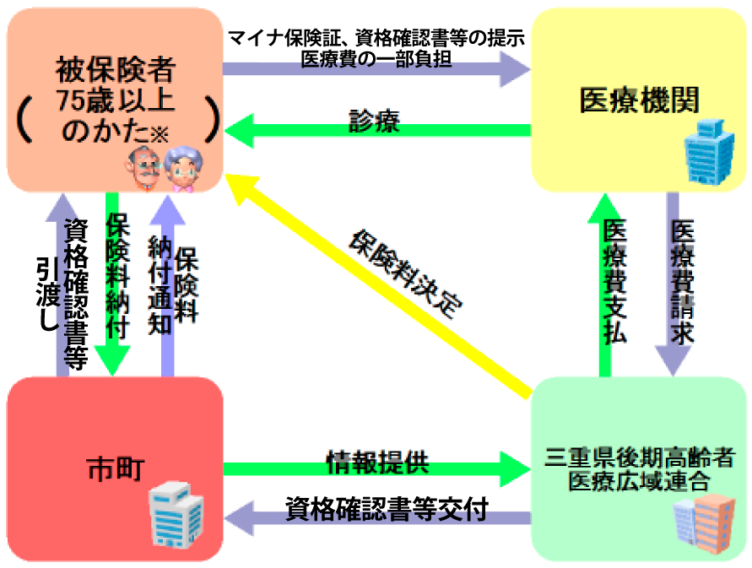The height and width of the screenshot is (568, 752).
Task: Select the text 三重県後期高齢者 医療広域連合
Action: (x=640, y=470)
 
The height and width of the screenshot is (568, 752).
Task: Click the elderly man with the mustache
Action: (x=145, y=169)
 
